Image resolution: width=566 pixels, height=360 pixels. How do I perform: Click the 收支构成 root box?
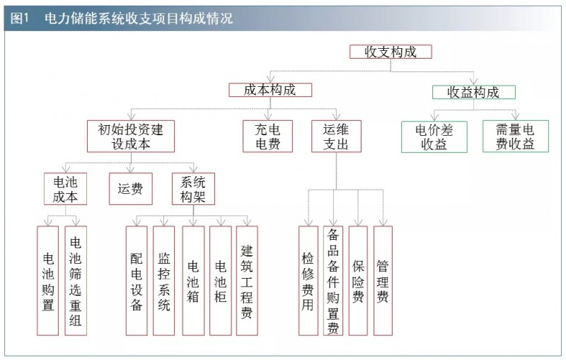pyautogui.click(x=390, y=52)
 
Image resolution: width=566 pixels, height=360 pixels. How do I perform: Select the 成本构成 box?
pyautogui.click(x=270, y=90)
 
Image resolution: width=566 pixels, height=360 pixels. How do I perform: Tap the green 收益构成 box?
pyautogui.click(x=473, y=92)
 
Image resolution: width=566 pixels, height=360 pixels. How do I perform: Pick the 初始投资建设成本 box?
pyautogui.click(x=130, y=136)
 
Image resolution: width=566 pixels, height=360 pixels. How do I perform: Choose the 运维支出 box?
pyautogui.click(x=336, y=136)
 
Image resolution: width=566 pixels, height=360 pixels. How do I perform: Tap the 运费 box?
pyautogui.click(x=130, y=189)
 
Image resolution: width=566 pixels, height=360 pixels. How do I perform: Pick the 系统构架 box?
pyautogui.click(x=193, y=189)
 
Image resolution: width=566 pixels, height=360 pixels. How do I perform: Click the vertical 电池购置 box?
pyautogui.click(x=48, y=280)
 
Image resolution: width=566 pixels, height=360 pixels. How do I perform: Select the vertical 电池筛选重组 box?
pyautogui.click(x=76, y=280)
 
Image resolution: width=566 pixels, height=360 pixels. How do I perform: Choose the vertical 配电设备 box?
pyautogui.click(x=137, y=280)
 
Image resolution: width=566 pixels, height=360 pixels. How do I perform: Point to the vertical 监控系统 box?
pyautogui.click(x=164, y=280)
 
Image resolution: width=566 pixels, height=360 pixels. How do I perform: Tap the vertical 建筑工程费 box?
pyautogui.click(x=247, y=280)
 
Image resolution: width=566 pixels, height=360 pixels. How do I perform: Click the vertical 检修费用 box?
pyautogui.click(x=308, y=280)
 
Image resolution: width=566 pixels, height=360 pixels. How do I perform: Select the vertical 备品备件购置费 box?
pyautogui.click(x=333, y=280)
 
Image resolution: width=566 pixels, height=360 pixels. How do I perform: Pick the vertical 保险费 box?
pyautogui.click(x=358, y=280)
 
